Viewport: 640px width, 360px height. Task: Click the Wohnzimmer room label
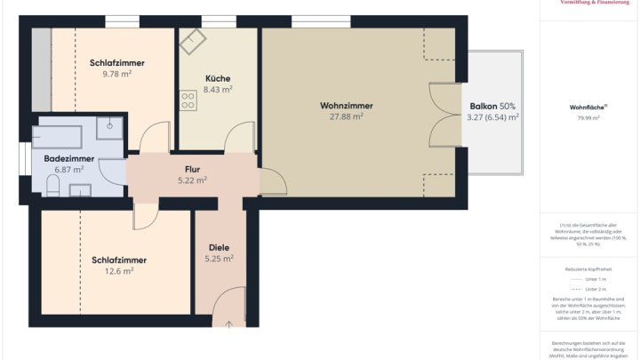point(347,106)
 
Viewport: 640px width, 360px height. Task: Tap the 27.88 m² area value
point(347,116)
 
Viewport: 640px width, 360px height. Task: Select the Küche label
point(218,77)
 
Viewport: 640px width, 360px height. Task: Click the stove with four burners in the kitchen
point(188,100)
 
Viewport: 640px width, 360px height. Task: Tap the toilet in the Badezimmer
point(52,184)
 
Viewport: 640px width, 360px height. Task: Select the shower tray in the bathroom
point(110,124)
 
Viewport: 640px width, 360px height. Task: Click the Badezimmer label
point(68,158)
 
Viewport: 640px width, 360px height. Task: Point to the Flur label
point(192,168)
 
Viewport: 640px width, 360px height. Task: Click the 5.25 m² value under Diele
point(219,259)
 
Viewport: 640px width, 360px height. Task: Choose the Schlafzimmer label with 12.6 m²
point(118,260)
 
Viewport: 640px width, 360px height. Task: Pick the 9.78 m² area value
point(116,75)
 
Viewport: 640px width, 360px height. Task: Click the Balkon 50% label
point(493,106)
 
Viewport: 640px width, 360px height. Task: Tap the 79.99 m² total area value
point(588,117)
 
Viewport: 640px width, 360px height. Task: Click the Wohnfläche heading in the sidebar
point(588,107)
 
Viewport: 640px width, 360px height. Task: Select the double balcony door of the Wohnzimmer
point(444,116)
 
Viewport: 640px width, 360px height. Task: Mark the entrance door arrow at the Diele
point(229,324)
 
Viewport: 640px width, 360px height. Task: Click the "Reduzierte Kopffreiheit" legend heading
point(588,268)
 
